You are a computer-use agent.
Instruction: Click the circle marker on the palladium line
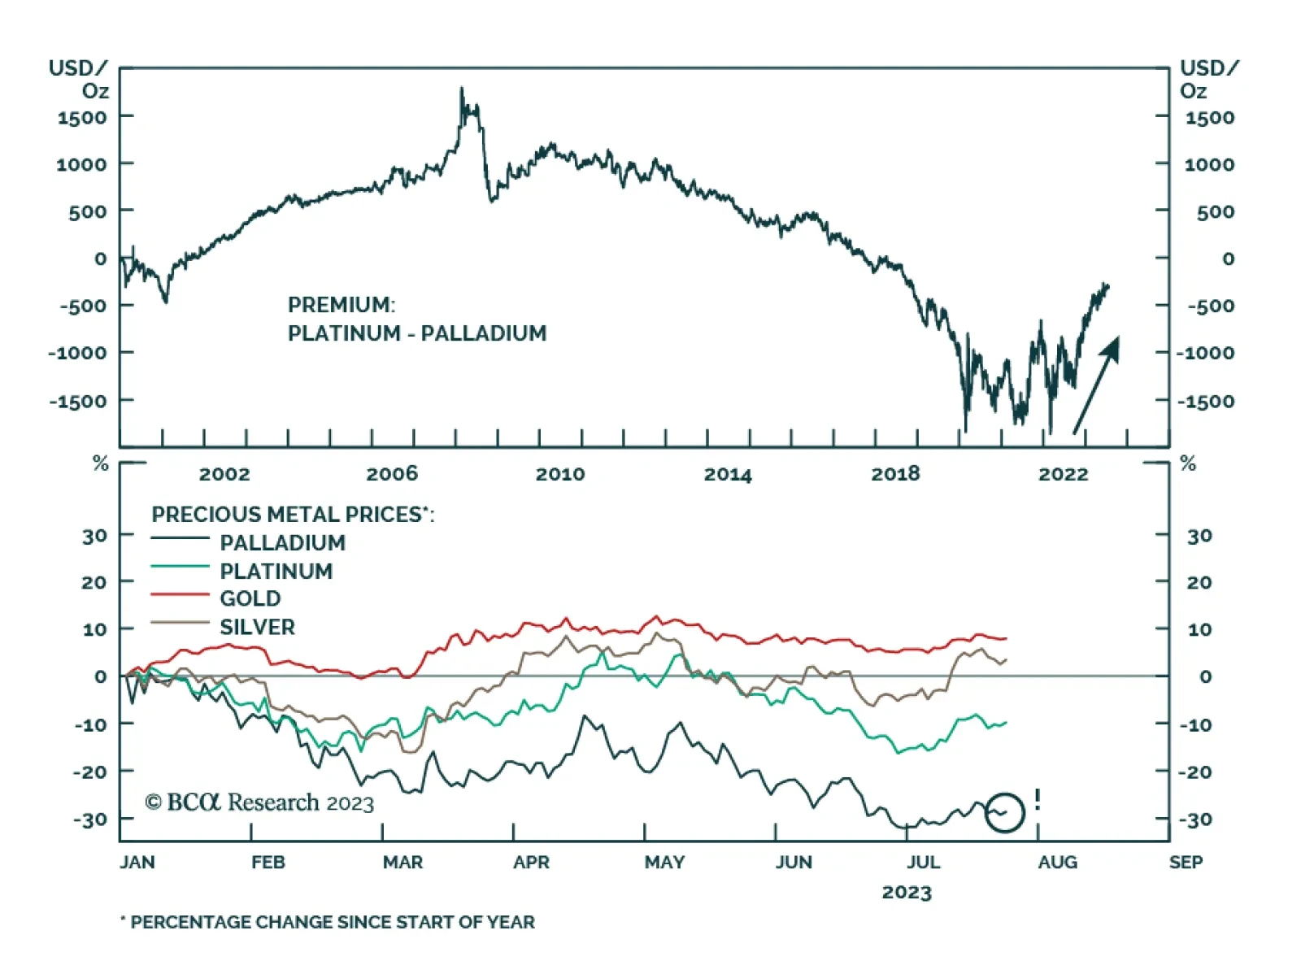point(1004,812)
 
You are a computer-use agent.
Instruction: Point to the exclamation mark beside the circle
point(1038,800)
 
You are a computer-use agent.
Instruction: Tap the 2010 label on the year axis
point(559,474)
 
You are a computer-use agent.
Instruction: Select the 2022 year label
point(1063,474)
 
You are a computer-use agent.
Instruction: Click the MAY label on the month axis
point(664,862)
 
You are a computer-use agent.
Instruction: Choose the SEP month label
point(1186,862)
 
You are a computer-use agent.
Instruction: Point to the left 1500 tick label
point(81,118)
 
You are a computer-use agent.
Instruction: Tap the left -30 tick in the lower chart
point(89,820)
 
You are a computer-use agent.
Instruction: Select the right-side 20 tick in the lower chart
point(1199,583)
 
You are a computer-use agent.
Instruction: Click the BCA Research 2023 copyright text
point(259,803)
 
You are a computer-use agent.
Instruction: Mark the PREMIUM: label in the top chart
point(342,305)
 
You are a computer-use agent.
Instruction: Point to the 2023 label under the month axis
point(907,893)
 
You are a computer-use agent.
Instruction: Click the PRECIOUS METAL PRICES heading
point(293,514)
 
